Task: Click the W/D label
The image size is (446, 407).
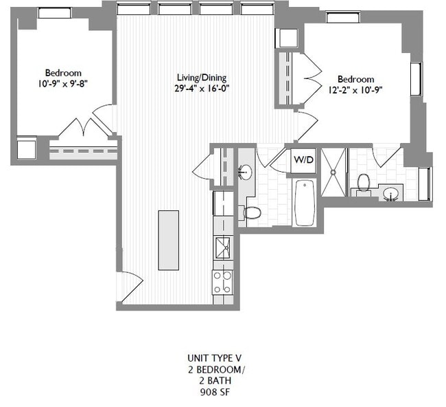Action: tap(303, 159)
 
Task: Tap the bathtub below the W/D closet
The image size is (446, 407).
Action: tap(304, 202)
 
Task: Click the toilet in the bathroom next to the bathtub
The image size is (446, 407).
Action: tap(252, 212)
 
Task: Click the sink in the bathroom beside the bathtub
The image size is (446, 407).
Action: tap(245, 171)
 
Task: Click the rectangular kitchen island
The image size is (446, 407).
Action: tap(168, 240)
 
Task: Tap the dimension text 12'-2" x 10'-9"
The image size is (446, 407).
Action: tap(355, 89)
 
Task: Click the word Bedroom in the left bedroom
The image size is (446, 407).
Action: tap(63, 73)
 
